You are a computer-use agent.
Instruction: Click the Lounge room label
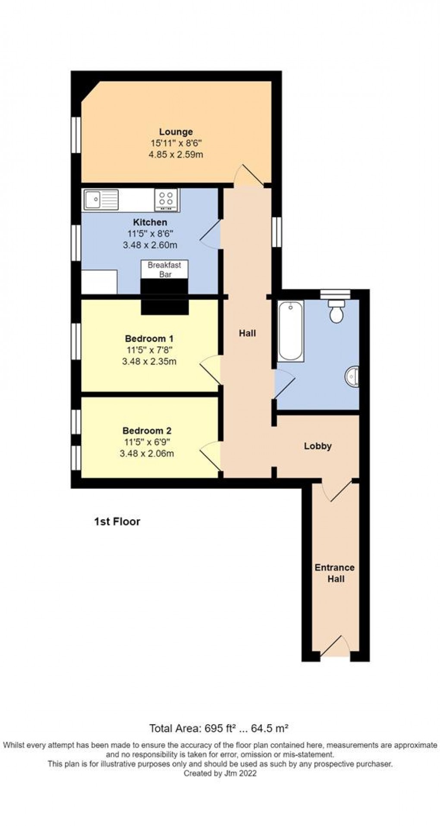click(x=176, y=132)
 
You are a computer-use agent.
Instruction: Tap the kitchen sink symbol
click(x=101, y=200)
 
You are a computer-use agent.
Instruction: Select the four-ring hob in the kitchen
click(x=166, y=200)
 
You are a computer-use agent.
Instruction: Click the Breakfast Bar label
click(x=164, y=270)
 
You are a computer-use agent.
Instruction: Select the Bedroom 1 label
click(x=149, y=339)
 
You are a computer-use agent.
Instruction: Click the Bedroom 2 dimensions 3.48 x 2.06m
click(x=148, y=453)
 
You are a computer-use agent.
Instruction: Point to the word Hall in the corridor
click(x=247, y=333)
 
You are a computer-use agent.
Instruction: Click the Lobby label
click(x=317, y=446)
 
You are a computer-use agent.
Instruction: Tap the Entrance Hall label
click(x=335, y=573)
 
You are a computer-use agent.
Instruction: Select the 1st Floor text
click(x=117, y=521)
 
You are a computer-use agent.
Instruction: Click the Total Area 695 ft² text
click(x=218, y=729)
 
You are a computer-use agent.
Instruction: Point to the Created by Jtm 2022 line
click(x=220, y=773)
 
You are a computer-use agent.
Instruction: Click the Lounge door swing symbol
click(x=248, y=176)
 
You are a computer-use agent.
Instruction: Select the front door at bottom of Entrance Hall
click(x=335, y=647)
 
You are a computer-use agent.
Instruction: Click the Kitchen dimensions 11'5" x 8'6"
click(x=150, y=234)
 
